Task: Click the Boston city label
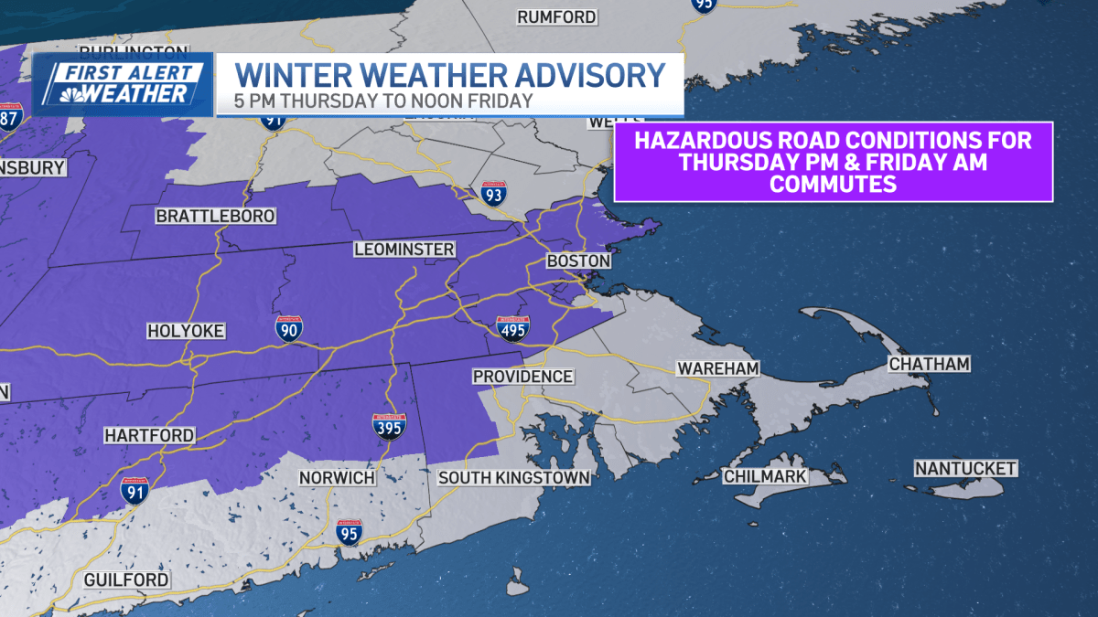click(578, 261)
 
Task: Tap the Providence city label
click(522, 377)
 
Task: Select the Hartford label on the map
click(149, 435)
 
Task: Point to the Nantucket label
click(965, 469)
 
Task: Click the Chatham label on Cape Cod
click(929, 365)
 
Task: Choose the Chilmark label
click(765, 476)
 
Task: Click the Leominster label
click(404, 250)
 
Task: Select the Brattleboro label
click(203, 217)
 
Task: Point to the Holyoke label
click(187, 331)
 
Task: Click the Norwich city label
click(338, 478)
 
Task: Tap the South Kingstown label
click(513, 478)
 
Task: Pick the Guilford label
click(126, 580)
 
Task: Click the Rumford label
click(556, 17)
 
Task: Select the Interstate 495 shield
click(512, 328)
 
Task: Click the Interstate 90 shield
click(289, 329)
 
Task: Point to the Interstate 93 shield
click(494, 194)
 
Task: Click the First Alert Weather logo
click(123, 84)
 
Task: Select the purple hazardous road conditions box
click(833, 162)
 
